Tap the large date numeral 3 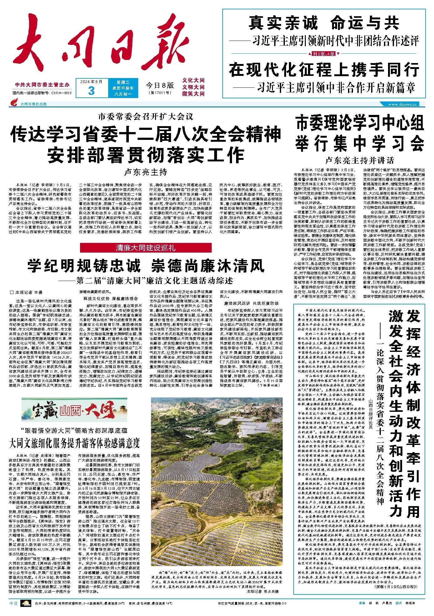(91, 91)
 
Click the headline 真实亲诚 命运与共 (324, 22)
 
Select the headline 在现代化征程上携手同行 (324, 69)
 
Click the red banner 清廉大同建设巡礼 (146, 248)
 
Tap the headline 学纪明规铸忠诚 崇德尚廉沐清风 (146, 266)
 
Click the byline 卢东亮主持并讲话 (360, 160)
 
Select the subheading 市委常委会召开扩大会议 (146, 117)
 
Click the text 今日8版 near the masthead (160, 85)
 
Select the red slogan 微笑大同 (193, 94)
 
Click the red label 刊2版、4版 (324, 53)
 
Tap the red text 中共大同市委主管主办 (42, 85)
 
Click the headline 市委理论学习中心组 (360, 123)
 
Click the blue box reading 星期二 (123, 82)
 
